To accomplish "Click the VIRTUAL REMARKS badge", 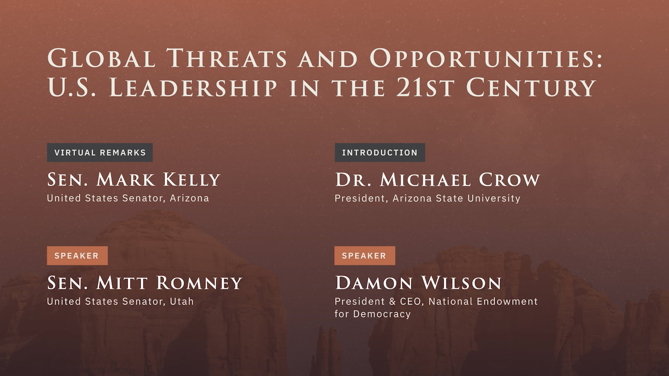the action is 100,152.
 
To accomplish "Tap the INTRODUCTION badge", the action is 380,152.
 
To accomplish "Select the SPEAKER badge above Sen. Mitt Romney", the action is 77,255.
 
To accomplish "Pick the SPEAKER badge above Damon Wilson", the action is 365,255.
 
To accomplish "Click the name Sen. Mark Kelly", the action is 134,179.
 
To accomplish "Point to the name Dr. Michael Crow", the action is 437,179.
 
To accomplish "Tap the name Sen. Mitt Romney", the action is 145,283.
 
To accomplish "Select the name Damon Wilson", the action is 418,283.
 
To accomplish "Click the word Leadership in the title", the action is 193,87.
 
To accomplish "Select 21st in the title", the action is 426,87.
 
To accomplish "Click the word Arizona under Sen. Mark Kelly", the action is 190,198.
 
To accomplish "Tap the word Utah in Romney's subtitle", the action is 182,301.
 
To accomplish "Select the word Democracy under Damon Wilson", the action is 382,314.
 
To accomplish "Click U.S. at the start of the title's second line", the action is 72,87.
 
